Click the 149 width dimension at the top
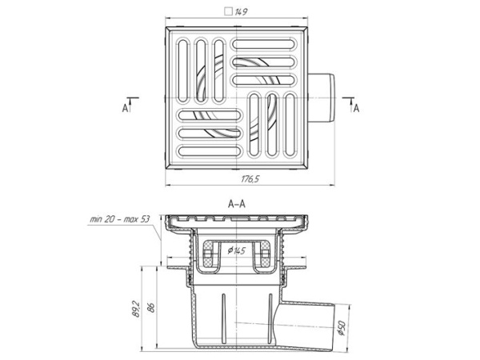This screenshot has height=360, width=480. coord(241,12)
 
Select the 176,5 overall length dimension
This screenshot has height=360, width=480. coord(250,178)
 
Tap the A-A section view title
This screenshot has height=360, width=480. coord(236,204)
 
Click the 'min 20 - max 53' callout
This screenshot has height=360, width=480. coord(120,219)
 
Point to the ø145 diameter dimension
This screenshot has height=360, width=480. coord(236,250)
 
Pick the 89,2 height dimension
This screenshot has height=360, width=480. coord(136,309)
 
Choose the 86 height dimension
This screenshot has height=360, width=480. coord(151,307)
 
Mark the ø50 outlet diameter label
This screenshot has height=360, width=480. coord(342,328)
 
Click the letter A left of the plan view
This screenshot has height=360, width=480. coord(125,108)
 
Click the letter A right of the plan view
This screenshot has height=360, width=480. coord(356,108)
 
